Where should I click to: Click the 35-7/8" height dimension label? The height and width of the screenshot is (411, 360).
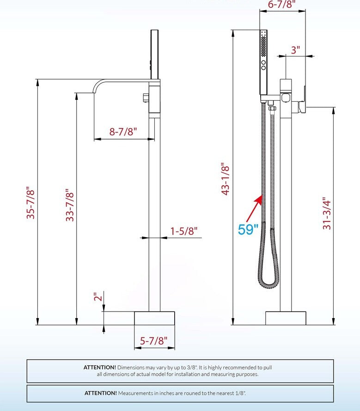click(31, 202)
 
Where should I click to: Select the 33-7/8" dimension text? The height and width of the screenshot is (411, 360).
click(70, 205)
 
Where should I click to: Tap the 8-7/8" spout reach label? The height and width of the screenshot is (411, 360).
click(123, 131)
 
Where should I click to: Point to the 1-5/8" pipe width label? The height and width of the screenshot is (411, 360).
click(183, 230)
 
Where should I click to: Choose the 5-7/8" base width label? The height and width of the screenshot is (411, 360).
click(154, 341)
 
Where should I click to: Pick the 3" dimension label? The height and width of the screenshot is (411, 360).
click(295, 49)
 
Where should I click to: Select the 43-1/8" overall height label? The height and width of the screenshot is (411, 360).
click(225, 179)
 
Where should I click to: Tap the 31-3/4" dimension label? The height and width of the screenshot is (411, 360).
click(327, 213)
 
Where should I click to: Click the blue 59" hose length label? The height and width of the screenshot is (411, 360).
click(248, 229)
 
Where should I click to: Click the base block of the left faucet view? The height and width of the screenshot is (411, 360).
click(154, 318)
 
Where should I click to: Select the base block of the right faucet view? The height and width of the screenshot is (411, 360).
click(286, 318)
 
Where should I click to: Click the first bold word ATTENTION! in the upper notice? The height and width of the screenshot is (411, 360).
click(100, 367)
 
